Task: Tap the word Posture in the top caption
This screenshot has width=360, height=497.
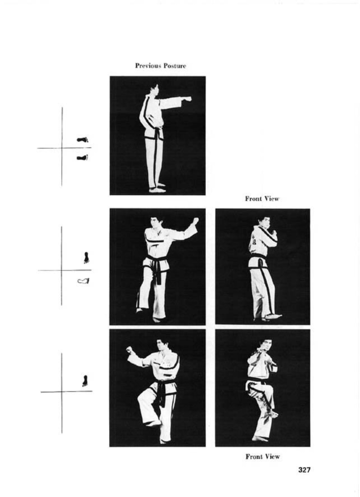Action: point(175,66)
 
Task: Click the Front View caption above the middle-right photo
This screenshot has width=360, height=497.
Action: point(262,199)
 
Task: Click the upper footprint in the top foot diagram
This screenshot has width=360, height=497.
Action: point(82,140)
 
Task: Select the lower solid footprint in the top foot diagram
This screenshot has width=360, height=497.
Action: point(82,157)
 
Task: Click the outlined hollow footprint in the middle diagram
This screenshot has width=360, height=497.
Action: point(83,281)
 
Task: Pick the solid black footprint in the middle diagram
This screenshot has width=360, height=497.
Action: point(86,258)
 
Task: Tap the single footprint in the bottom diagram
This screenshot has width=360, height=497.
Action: point(84,381)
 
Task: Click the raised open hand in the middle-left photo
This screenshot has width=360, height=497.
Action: point(196,221)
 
